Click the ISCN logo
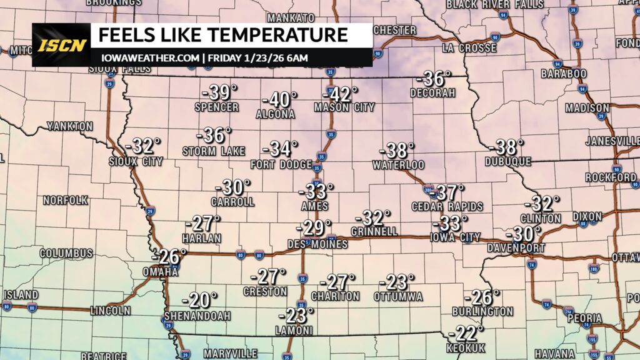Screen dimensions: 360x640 tap(61, 46)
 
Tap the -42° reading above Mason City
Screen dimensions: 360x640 tap(340, 94)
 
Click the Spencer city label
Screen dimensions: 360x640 tap(216, 107)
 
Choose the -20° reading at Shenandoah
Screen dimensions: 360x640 tap(201, 301)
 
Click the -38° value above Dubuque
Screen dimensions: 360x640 tap(507, 147)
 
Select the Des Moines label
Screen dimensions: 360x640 tap(317, 244)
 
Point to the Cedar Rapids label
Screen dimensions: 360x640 tap(447, 206)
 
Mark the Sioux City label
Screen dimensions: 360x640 tap(136, 161)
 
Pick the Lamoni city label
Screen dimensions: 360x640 tap(295, 331)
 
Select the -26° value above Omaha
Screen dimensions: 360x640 tap(169, 256)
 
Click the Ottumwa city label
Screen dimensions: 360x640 tap(398, 296)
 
